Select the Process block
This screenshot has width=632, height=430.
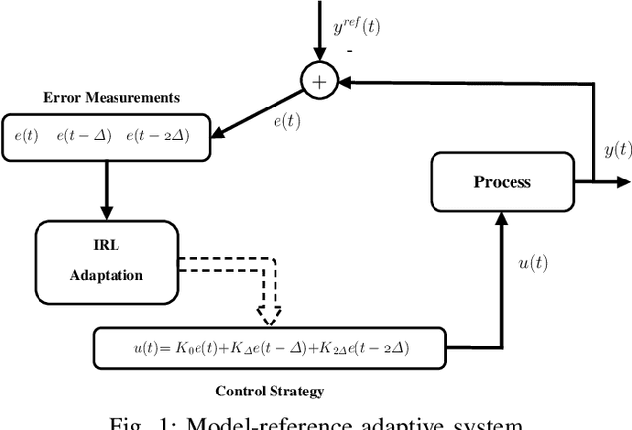[502, 182]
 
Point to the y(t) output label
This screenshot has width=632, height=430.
[617, 149]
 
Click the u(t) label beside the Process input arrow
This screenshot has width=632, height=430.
[532, 265]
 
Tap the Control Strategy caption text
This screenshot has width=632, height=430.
[270, 391]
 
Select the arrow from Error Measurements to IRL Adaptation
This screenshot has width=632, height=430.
[108, 186]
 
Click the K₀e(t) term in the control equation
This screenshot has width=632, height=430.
[180, 346]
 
